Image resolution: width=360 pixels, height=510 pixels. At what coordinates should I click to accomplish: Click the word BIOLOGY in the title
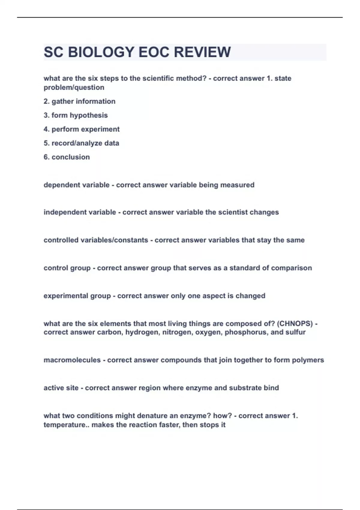point(101,52)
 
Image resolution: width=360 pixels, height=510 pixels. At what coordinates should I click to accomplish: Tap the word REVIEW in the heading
point(202,52)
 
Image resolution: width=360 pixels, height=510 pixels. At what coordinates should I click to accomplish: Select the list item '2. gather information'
point(79,101)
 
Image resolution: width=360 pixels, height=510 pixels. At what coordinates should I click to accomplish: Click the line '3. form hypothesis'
point(76,115)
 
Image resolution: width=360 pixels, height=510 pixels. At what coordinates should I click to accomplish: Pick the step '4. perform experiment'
point(82,129)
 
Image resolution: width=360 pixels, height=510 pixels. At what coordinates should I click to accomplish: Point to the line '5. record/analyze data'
point(81,143)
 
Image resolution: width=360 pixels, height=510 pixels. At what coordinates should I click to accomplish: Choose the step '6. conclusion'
point(67,157)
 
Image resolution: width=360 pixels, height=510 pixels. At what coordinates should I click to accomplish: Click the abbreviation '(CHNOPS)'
point(295,324)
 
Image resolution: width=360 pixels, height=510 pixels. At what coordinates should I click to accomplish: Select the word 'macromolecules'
point(72,360)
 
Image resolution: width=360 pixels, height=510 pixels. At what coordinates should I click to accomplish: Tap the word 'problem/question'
point(74,88)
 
